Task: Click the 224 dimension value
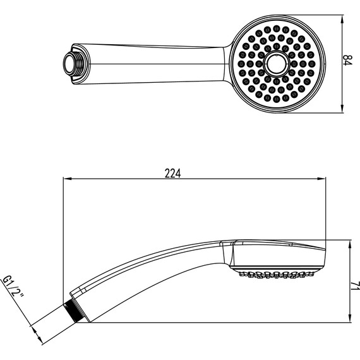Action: point(172,173)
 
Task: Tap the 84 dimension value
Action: point(347,60)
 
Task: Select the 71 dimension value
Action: point(356,286)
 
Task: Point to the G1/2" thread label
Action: point(13,287)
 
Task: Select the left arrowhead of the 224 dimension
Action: point(67,179)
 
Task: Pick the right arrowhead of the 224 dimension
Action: point(321,179)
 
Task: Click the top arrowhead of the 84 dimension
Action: point(342,20)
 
